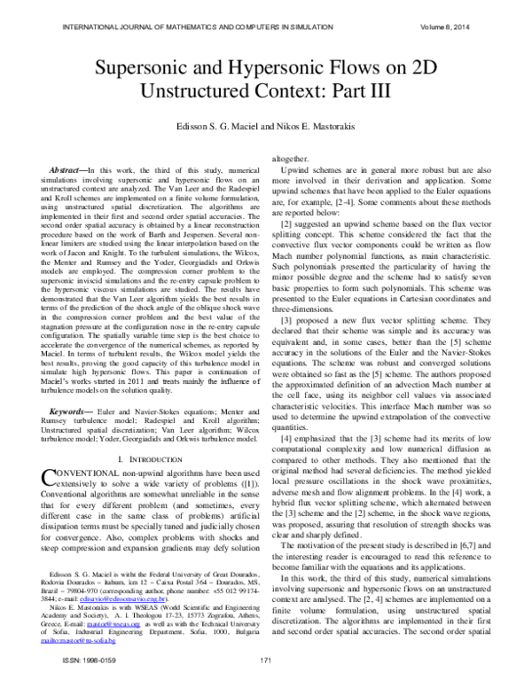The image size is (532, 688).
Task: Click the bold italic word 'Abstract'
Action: [65, 168]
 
